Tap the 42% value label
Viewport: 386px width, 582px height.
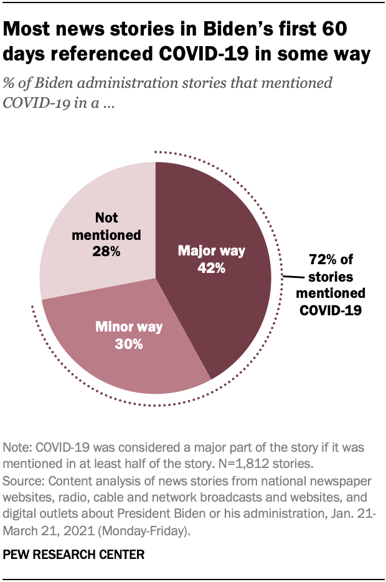coord(212,269)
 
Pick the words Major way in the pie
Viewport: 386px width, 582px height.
coord(212,252)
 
